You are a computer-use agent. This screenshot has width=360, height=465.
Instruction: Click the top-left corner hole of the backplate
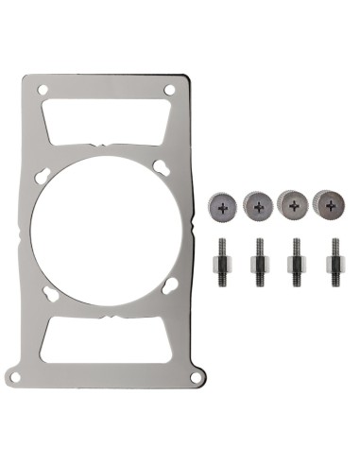click(x=43, y=90)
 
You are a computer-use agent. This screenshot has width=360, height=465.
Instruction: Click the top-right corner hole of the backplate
click(x=170, y=90)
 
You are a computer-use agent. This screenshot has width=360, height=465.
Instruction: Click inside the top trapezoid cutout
click(x=107, y=122)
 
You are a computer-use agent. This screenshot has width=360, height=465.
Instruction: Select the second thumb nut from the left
click(x=258, y=202)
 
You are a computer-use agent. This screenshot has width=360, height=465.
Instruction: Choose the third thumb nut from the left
click(x=293, y=202)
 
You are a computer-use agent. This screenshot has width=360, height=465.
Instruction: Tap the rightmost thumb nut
click(x=328, y=202)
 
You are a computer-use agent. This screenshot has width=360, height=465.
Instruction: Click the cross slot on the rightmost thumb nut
click(x=328, y=202)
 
